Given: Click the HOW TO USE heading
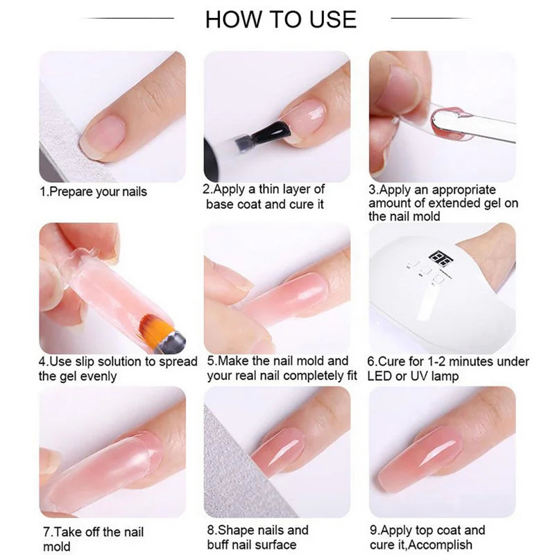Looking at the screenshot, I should click(280, 19).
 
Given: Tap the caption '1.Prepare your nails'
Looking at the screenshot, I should click(93, 191).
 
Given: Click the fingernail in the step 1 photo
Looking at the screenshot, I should click(103, 133).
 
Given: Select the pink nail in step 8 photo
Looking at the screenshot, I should click(277, 451).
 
